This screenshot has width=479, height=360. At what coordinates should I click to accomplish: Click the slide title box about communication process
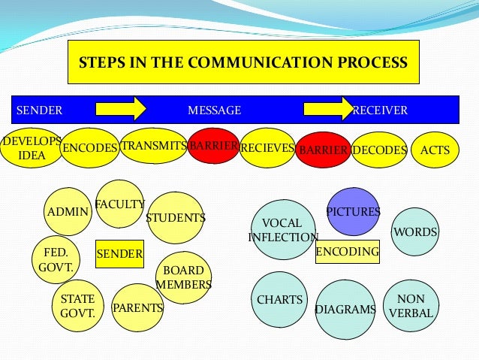tap(243, 62)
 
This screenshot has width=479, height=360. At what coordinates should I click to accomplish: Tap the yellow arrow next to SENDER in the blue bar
tap(120, 108)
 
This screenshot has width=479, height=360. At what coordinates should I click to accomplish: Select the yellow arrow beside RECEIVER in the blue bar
tap(327, 108)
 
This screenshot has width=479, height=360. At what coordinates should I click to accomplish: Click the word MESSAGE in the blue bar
tap(214, 110)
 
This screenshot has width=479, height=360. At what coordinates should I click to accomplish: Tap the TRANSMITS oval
tap(153, 146)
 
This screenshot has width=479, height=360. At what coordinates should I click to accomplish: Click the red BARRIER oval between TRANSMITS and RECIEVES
tap(213, 146)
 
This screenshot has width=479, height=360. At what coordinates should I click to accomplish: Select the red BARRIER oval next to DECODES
tap(323, 150)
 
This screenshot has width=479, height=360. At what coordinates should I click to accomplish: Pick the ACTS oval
tap(435, 150)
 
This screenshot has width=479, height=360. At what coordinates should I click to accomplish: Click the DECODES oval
tap(379, 150)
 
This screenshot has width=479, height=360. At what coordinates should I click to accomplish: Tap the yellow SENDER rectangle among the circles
tap(119, 254)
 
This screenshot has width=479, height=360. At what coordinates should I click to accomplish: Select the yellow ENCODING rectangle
tap(347, 252)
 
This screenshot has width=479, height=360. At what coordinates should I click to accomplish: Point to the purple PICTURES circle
tap(353, 211)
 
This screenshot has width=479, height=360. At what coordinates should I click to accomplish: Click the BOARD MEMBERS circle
tap(183, 277)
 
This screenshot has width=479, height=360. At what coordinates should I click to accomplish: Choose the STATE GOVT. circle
tap(77, 305)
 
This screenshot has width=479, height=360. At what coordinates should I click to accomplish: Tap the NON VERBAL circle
tap(410, 305)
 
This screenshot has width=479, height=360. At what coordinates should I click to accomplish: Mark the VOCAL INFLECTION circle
tap(283, 229)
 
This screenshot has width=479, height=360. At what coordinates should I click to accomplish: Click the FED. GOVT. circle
tap(56, 259)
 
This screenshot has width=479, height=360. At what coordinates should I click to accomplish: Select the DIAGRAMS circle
tap(345, 309)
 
